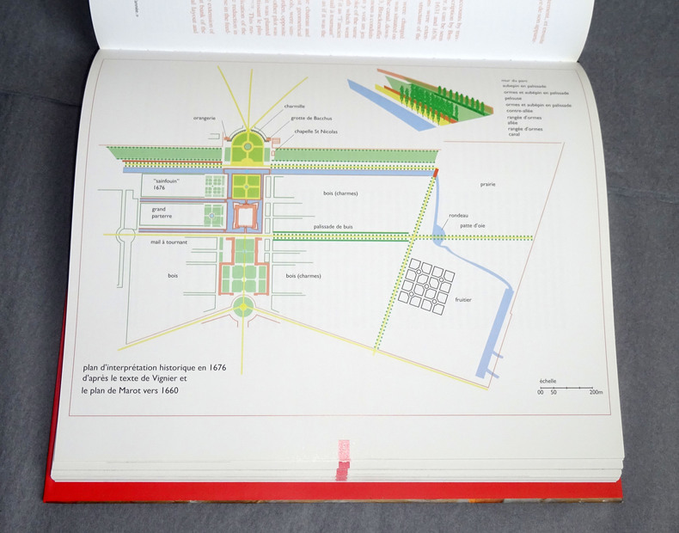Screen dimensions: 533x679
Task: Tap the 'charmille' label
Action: tap(294, 107)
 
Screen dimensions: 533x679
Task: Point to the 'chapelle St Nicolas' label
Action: tap(315, 132)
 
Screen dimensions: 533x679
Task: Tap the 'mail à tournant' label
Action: tap(168, 243)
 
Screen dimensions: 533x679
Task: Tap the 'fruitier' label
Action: tap(464, 299)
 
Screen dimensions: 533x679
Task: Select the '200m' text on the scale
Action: tap(596, 392)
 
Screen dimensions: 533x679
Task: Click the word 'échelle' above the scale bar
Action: tap(547, 380)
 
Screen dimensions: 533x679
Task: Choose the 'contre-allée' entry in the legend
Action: tap(520, 111)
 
